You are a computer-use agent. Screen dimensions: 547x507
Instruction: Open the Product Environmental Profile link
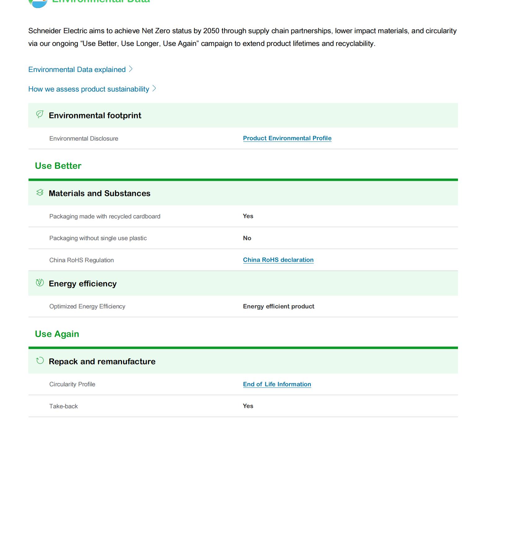(x=287, y=138)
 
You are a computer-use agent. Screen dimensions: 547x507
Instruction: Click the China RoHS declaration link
(x=278, y=260)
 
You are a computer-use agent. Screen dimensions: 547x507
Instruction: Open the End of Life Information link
(x=277, y=384)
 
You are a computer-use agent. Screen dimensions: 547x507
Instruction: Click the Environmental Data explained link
(x=77, y=69)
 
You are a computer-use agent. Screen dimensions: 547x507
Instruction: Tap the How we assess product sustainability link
(x=89, y=89)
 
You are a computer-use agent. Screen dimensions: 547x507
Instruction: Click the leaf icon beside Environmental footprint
(x=40, y=115)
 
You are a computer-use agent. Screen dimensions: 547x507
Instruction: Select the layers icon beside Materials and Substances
(x=40, y=193)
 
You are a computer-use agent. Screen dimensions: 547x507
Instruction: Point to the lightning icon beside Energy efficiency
(x=40, y=283)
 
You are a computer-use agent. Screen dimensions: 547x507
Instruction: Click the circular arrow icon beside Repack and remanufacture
(x=40, y=361)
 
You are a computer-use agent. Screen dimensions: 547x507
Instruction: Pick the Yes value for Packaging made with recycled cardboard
(x=248, y=216)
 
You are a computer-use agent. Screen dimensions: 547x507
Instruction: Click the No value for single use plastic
(x=247, y=238)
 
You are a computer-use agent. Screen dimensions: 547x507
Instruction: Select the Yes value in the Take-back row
(x=248, y=406)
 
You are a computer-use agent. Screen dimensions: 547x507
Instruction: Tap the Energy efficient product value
(x=278, y=307)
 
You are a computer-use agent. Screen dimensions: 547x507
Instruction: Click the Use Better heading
(x=58, y=166)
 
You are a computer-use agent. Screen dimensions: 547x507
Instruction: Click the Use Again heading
(x=57, y=334)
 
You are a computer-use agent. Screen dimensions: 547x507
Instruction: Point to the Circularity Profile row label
(x=72, y=384)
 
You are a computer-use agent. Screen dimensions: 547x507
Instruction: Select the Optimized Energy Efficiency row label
(x=87, y=307)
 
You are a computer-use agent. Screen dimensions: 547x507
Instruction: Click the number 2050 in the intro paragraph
(x=211, y=31)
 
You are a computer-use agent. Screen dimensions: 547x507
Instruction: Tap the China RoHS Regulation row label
(x=81, y=260)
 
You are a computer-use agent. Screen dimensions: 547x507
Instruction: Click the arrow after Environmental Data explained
(x=131, y=69)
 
